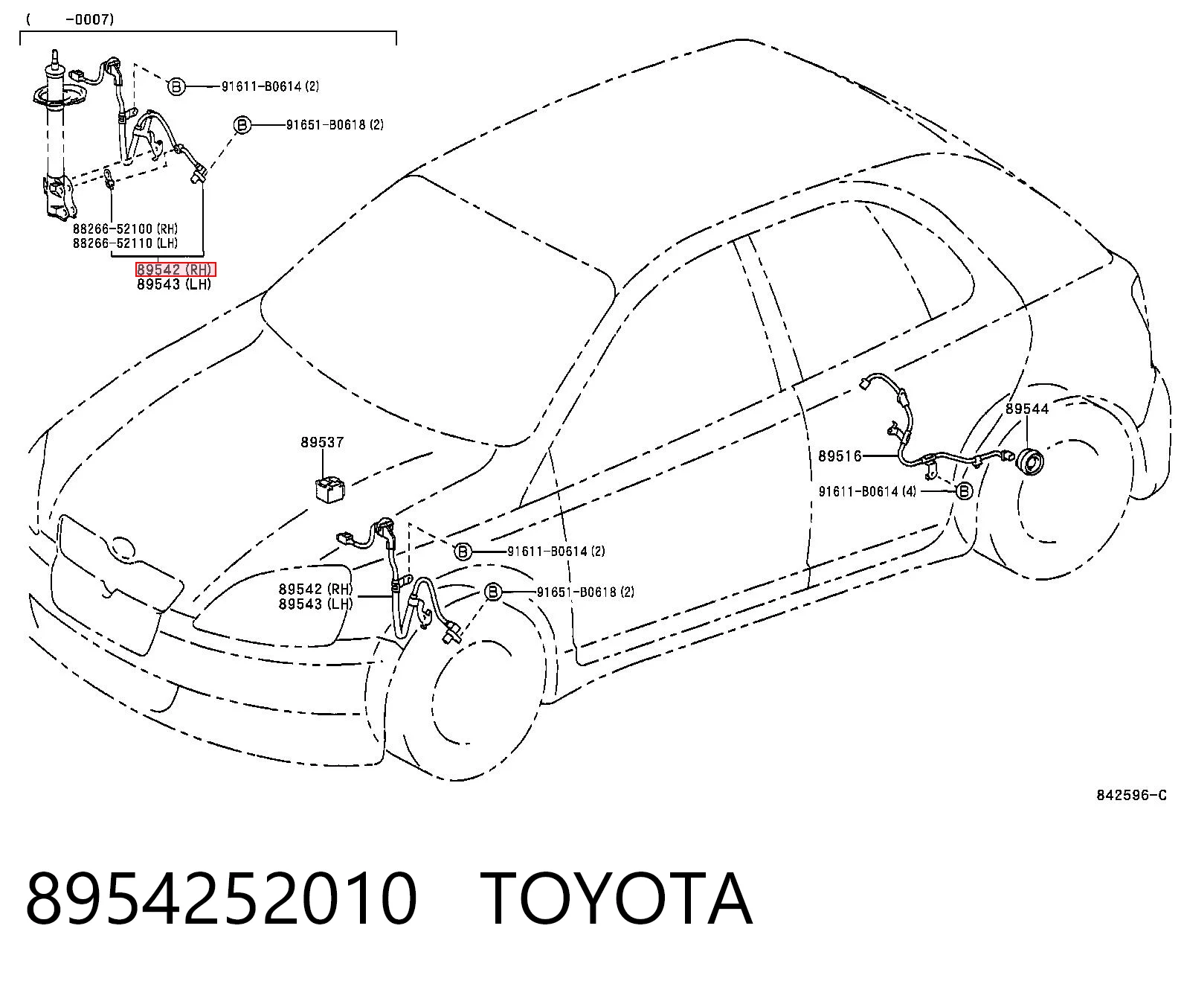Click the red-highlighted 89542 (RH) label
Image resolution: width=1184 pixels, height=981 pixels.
pyautogui.click(x=176, y=269)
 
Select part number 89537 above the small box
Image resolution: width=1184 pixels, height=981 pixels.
pyautogui.click(x=322, y=442)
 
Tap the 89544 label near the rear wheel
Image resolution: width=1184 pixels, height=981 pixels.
pyautogui.click(x=1028, y=409)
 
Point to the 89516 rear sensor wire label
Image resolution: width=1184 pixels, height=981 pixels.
pyautogui.click(x=840, y=456)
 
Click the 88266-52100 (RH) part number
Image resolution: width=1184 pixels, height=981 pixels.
pyautogui.click(x=126, y=229)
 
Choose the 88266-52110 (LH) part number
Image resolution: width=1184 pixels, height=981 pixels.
pyautogui.click(x=126, y=243)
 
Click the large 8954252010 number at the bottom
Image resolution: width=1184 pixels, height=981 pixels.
pyautogui.click(x=222, y=898)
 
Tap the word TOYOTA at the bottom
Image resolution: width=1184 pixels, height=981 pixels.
pyautogui.click(x=617, y=898)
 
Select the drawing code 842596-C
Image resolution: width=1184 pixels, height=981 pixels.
pyautogui.click(x=1131, y=796)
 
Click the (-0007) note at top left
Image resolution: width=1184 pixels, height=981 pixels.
pyautogui.click(x=71, y=20)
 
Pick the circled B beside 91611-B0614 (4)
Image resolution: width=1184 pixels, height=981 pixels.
pyautogui.click(x=964, y=491)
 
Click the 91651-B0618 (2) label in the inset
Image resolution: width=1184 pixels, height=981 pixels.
pyautogui.click(x=335, y=125)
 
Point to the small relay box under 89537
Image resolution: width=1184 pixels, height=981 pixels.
pyautogui.click(x=329, y=490)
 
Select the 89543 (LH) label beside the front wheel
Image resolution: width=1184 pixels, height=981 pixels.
pyautogui.click(x=315, y=604)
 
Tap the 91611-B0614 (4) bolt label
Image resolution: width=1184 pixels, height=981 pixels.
pyautogui.click(x=867, y=492)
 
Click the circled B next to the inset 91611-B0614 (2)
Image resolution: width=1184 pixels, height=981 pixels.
pyautogui.click(x=176, y=87)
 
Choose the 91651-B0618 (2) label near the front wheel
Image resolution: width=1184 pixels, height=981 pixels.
pyautogui.click(x=586, y=592)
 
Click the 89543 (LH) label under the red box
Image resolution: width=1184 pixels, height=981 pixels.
pyautogui.click(x=174, y=284)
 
